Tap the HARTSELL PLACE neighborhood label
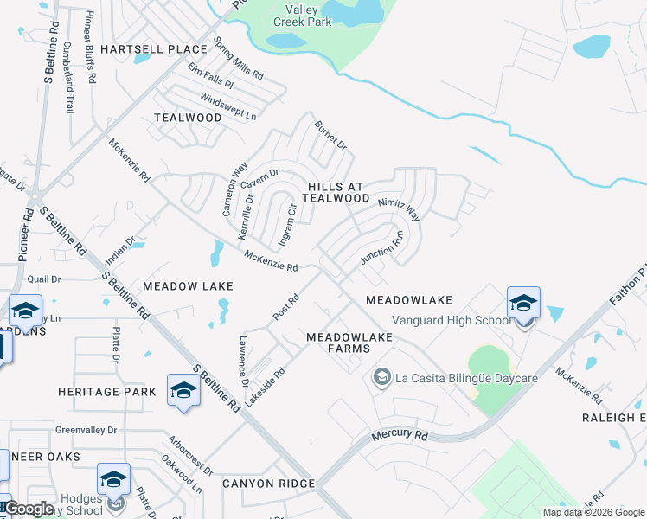coord(154,49)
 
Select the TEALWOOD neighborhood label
coord(188,118)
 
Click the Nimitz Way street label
coord(399,208)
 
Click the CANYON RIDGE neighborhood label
coord(267,483)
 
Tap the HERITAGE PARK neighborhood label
coord(107,392)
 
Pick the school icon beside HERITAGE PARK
coord(183,391)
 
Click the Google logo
coord(28,509)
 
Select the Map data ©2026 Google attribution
coord(593,512)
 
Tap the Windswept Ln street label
coord(228,106)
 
